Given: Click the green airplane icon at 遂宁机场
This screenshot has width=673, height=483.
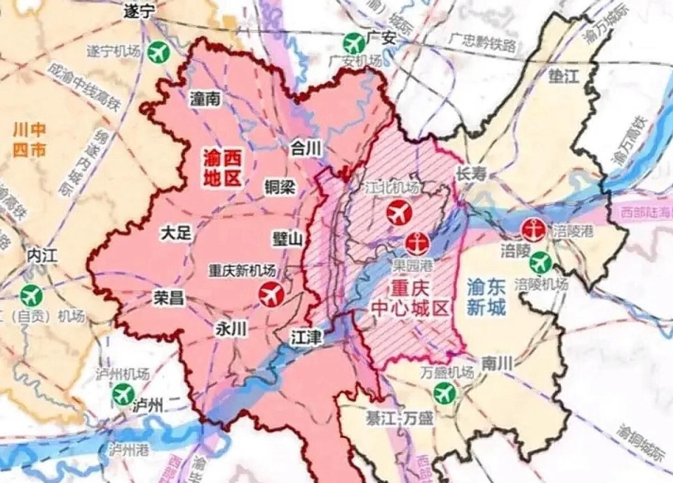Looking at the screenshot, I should [x=161, y=52].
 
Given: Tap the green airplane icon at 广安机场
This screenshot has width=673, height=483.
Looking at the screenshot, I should [x=355, y=43].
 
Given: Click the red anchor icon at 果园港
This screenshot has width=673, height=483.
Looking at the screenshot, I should [x=415, y=243].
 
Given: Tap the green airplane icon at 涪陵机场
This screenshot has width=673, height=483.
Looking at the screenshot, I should [x=540, y=263].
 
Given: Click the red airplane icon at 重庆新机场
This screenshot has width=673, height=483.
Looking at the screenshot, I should [x=271, y=294].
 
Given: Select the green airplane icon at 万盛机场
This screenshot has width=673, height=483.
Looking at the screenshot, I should [x=444, y=393].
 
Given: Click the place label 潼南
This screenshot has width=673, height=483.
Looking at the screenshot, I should [x=205, y=100].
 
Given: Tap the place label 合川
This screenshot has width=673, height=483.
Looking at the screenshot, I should [x=305, y=148].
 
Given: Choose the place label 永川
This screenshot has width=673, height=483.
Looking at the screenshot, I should [x=232, y=329].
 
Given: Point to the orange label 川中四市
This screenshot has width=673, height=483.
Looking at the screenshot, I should [x=30, y=140].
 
